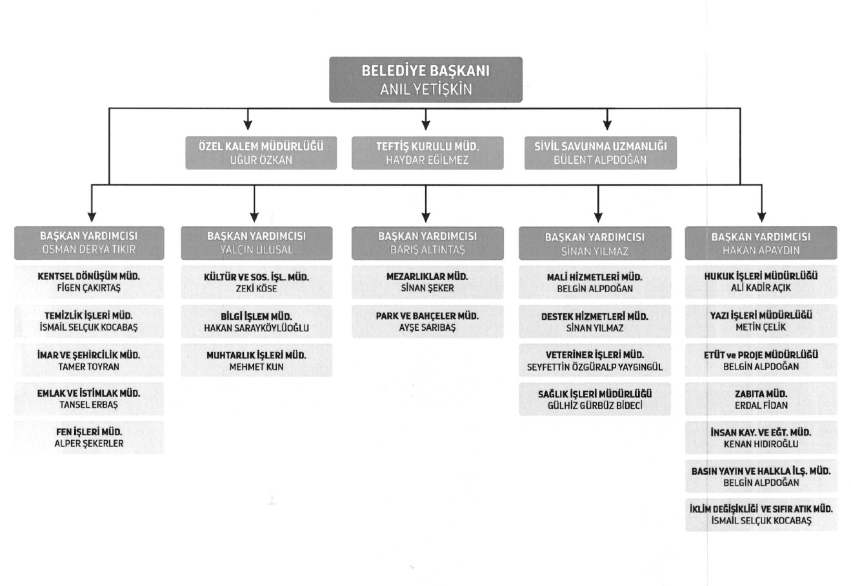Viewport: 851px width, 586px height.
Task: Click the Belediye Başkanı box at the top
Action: click(426, 80)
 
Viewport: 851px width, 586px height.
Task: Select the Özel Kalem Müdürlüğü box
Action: click(261, 153)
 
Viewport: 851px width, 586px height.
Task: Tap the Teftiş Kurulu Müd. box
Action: click(427, 153)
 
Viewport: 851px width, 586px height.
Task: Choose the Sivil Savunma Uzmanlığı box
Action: click(600, 153)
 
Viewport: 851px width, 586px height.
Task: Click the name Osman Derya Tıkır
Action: click(89, 249)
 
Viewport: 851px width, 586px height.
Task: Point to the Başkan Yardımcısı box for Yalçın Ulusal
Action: click(256, 243)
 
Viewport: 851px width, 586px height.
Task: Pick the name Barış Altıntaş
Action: click(427, 249)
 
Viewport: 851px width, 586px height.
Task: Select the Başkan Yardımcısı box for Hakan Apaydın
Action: click(761, 243)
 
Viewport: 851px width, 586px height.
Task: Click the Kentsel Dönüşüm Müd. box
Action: click(89, 282)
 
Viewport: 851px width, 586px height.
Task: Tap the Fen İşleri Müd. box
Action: click(89, 437)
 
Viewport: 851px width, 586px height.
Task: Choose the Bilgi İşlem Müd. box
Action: click(256, 322)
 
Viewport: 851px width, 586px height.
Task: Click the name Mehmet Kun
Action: click(256, 367)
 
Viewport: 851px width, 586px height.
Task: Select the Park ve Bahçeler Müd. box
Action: click(427, 322)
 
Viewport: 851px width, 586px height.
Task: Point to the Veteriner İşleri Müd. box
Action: click(595, 360)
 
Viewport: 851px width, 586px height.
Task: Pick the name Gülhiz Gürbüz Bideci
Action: click(595, 405)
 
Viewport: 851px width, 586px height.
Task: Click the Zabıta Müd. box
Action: click(761, 399)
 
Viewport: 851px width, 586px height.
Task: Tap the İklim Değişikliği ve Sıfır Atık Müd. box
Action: click(761, 514)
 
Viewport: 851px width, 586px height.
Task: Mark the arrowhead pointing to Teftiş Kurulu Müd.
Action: click(426, 126)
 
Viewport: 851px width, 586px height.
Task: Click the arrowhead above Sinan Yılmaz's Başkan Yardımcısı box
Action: click(598, 217)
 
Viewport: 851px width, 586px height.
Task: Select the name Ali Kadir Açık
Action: click(761, 288)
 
